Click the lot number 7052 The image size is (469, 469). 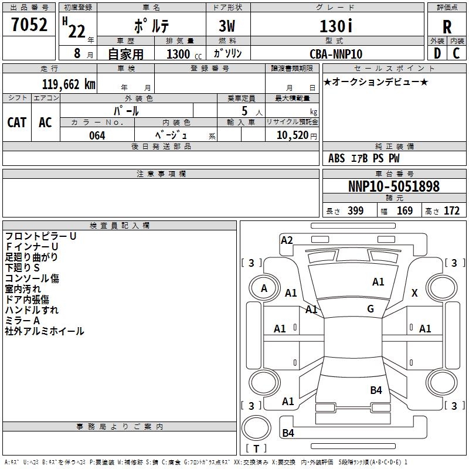tap(29, 26)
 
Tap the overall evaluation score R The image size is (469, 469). tap(447, 26)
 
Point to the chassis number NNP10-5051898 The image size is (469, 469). tap(393, 186)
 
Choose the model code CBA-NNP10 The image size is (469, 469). tap(336, 54)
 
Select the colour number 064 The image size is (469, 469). tap(97, 135)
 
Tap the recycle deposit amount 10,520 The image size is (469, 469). tap(291, 135)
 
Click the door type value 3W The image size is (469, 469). tap(228, 26)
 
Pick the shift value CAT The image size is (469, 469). tap(16, 122)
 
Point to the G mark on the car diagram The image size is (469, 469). tap(371, 309)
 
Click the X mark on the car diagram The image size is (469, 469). tap(414, 293)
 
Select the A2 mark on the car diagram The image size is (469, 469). tap(287, 240)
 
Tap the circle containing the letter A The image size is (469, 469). tap(264, 288)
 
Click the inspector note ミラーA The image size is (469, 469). tap(22, 321)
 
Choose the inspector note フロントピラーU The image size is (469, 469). tap(40, 236)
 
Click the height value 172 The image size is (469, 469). tap(451, 211)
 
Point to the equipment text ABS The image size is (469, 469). tap(337, 158)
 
